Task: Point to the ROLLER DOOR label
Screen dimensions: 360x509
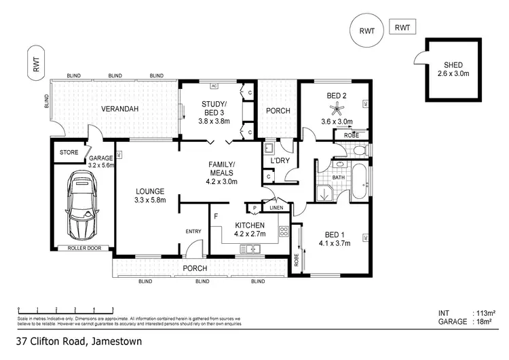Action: pos(84,248)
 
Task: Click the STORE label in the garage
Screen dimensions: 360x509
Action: pos(69,152)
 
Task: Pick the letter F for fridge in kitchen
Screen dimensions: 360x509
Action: pos(216,217)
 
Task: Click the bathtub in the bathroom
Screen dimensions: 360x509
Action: pos(360,182)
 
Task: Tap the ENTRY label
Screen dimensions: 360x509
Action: pos(194,232)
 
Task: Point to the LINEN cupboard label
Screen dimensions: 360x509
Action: pos(276,208)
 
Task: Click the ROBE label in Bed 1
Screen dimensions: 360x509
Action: pos(297,259)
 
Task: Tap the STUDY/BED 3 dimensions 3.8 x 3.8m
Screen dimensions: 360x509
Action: pos(214,121)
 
